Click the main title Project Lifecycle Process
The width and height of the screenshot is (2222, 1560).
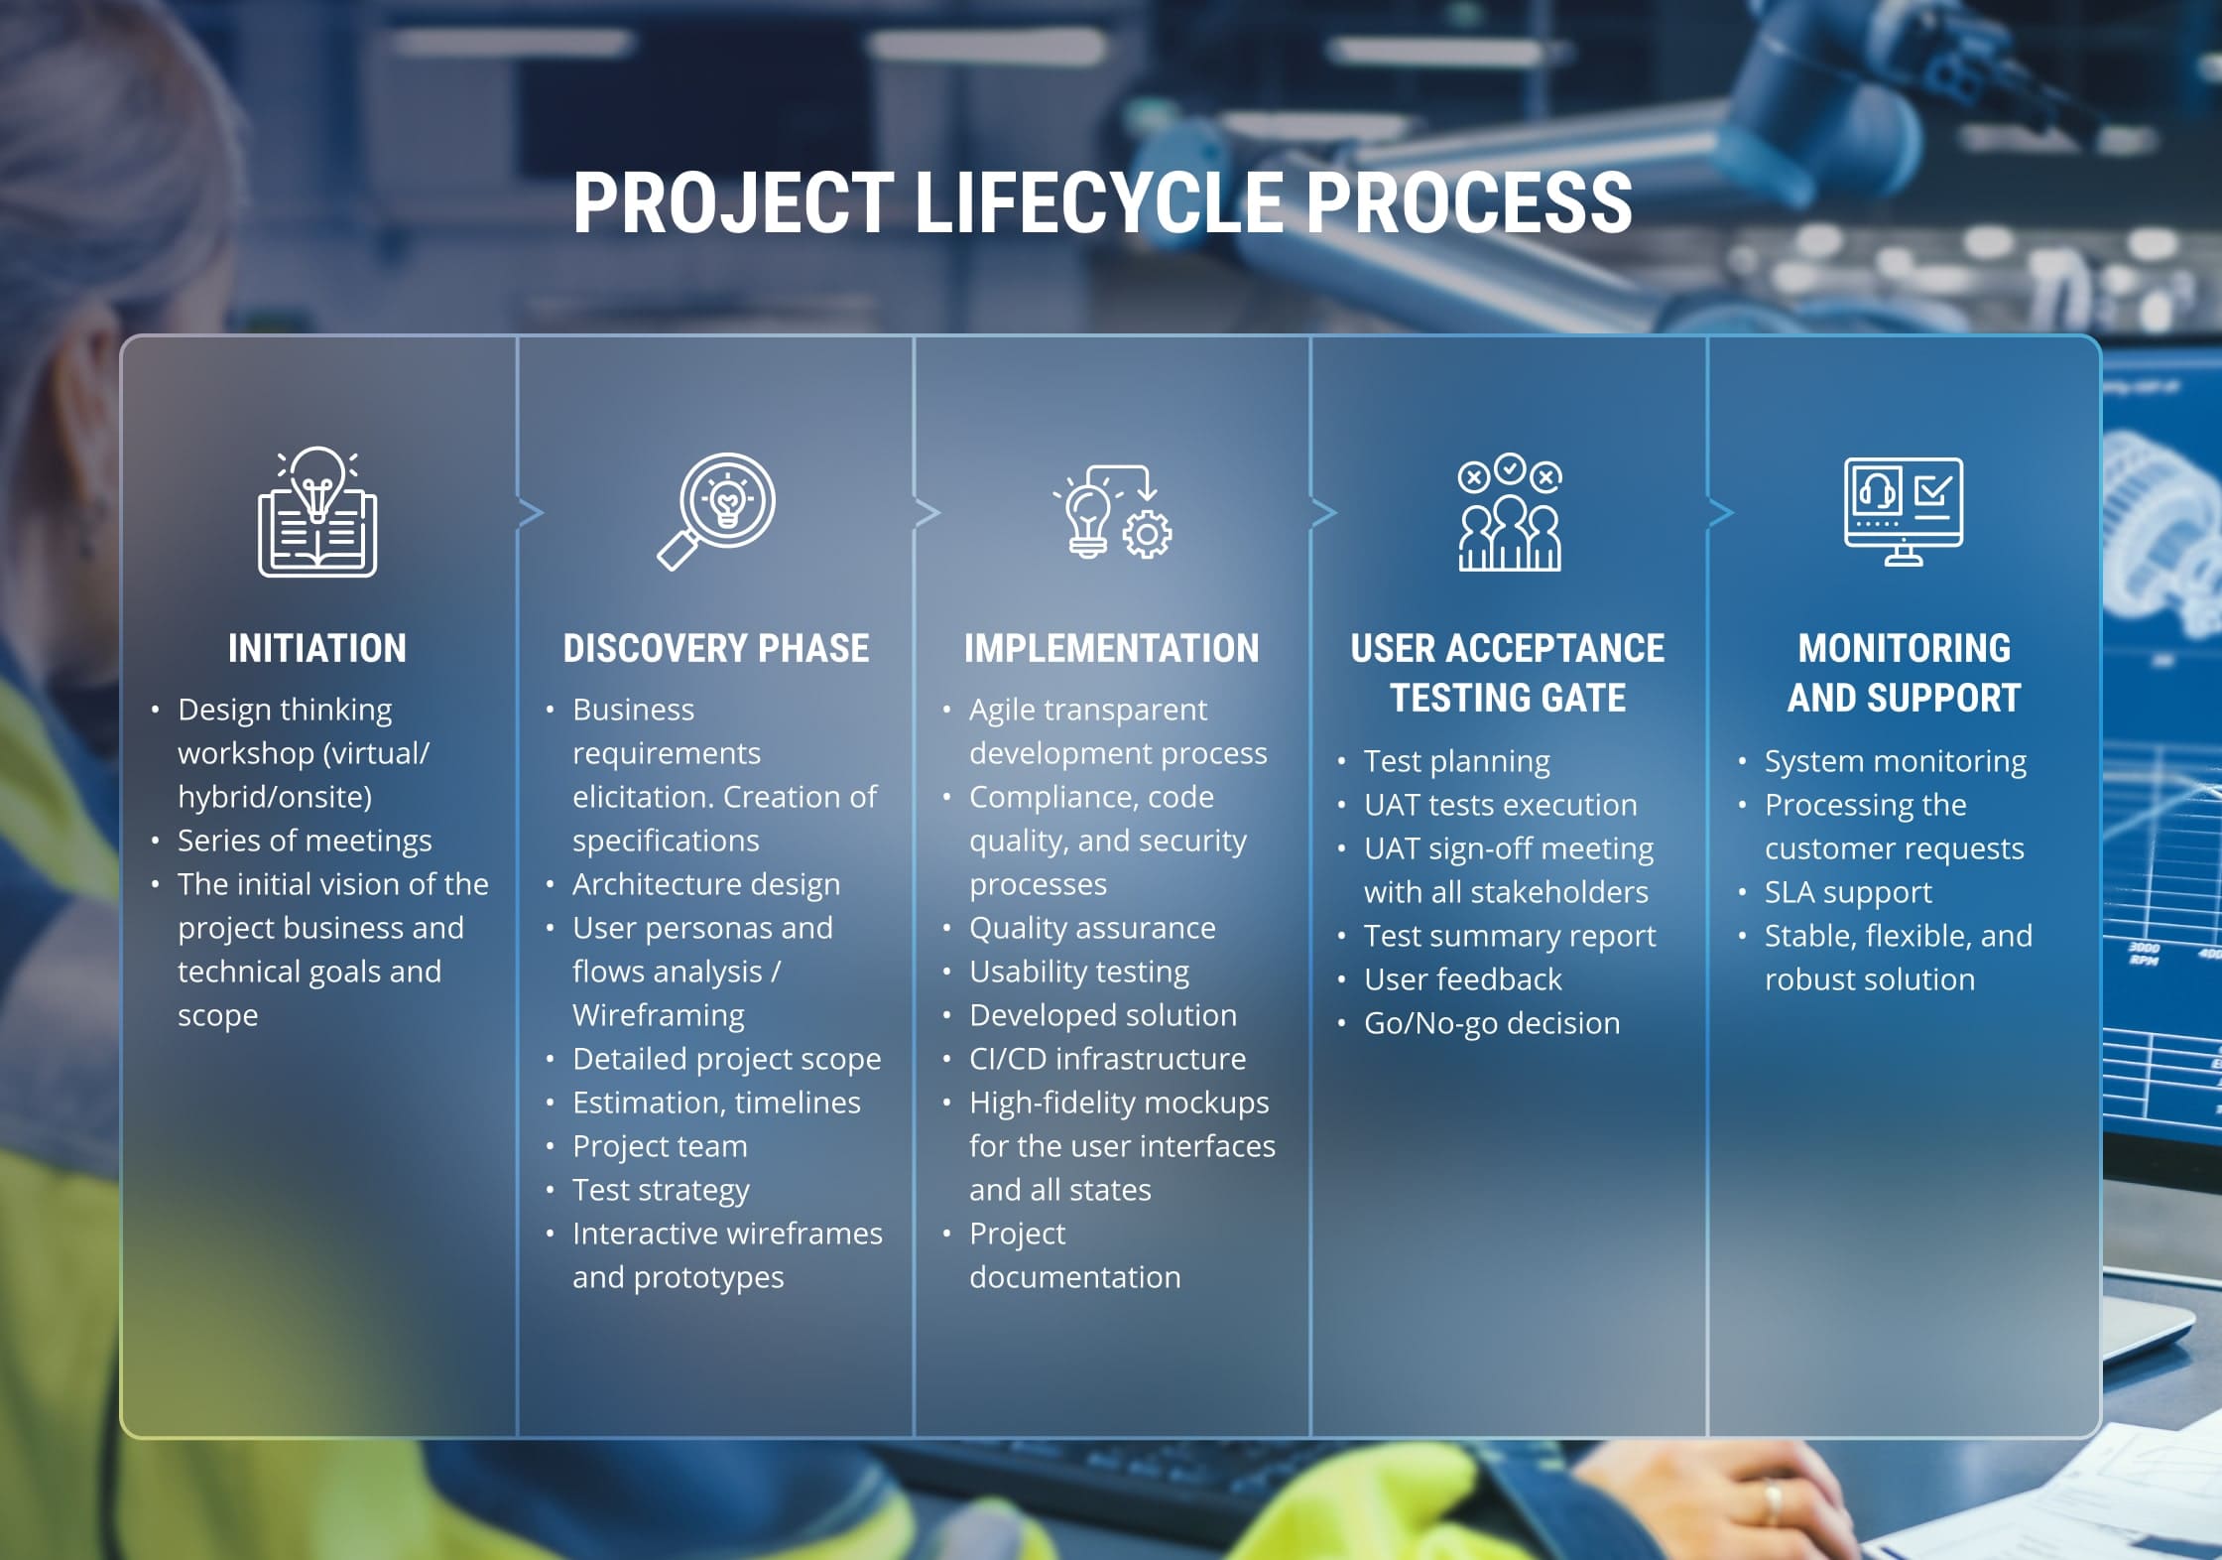point(1102,202)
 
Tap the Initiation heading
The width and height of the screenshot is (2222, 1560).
point(317,649)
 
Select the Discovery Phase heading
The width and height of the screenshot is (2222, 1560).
point(715,649)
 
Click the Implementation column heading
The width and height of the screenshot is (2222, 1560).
point(1111,649)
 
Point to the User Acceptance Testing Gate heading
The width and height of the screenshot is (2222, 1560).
point(1507,673)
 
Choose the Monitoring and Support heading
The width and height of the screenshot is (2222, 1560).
point(1904,673)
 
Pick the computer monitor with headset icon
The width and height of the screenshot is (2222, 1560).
point(1904,512)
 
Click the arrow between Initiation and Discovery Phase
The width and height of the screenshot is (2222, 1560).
point(532,513)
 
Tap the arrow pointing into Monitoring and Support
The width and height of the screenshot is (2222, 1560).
point(1721,513)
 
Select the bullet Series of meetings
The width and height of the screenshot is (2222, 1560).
point(305,841)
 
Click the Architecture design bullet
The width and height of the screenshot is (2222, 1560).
point(705,884)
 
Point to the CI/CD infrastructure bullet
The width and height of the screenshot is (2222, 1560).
point(1107,1059)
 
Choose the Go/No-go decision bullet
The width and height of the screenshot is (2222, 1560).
point(1491,1023)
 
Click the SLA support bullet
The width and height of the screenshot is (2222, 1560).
point(1847,892)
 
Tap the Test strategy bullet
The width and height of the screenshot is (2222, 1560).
point(661,1190)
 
